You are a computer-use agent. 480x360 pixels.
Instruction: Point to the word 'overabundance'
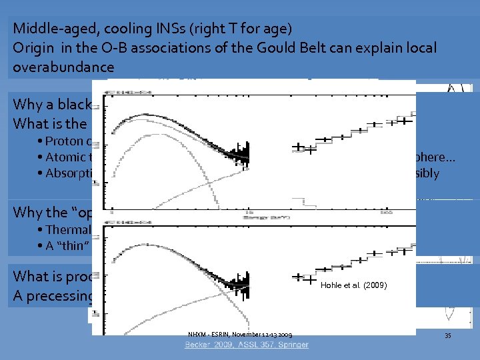63,68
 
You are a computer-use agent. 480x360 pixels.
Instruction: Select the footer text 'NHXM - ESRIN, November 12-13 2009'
240,334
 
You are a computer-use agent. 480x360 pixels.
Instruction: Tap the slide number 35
448,335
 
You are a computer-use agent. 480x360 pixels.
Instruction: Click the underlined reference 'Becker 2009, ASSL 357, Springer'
247,345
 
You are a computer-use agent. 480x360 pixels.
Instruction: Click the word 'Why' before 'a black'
27,105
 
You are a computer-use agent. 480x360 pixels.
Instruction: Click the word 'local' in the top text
421,49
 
